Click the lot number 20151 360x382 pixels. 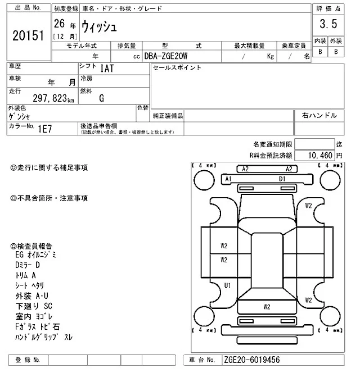click(28, 36)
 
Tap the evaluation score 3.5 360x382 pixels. click(328, 24)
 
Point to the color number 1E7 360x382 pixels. click(44, 128)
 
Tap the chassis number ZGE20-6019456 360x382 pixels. click(251, 360)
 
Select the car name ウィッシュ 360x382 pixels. click(100, 26)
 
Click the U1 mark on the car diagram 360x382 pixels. click(227, 286)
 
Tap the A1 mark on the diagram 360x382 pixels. click(229, 179)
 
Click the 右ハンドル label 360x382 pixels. click(319, 115)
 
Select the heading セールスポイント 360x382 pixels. click(177, 68)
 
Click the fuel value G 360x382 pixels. click(101, 98)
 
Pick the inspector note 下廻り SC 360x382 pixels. click(34, 306)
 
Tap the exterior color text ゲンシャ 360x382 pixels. click(20, 117)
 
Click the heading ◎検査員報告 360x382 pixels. click(31, 246)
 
